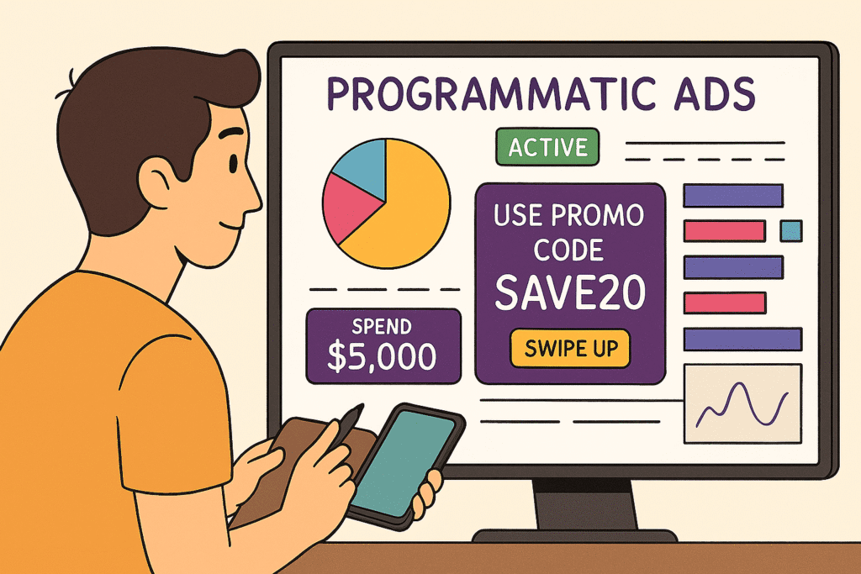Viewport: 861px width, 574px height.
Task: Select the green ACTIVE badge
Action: click(547, 147)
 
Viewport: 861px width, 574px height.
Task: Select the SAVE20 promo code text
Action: click(570, 293)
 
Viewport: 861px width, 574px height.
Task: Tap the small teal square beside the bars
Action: click(791, 229)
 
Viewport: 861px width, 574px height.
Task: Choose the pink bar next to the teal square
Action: click(724, 230)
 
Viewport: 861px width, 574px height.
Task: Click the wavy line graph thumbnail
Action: click(742, 404)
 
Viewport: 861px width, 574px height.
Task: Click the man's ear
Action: click(157, 180)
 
